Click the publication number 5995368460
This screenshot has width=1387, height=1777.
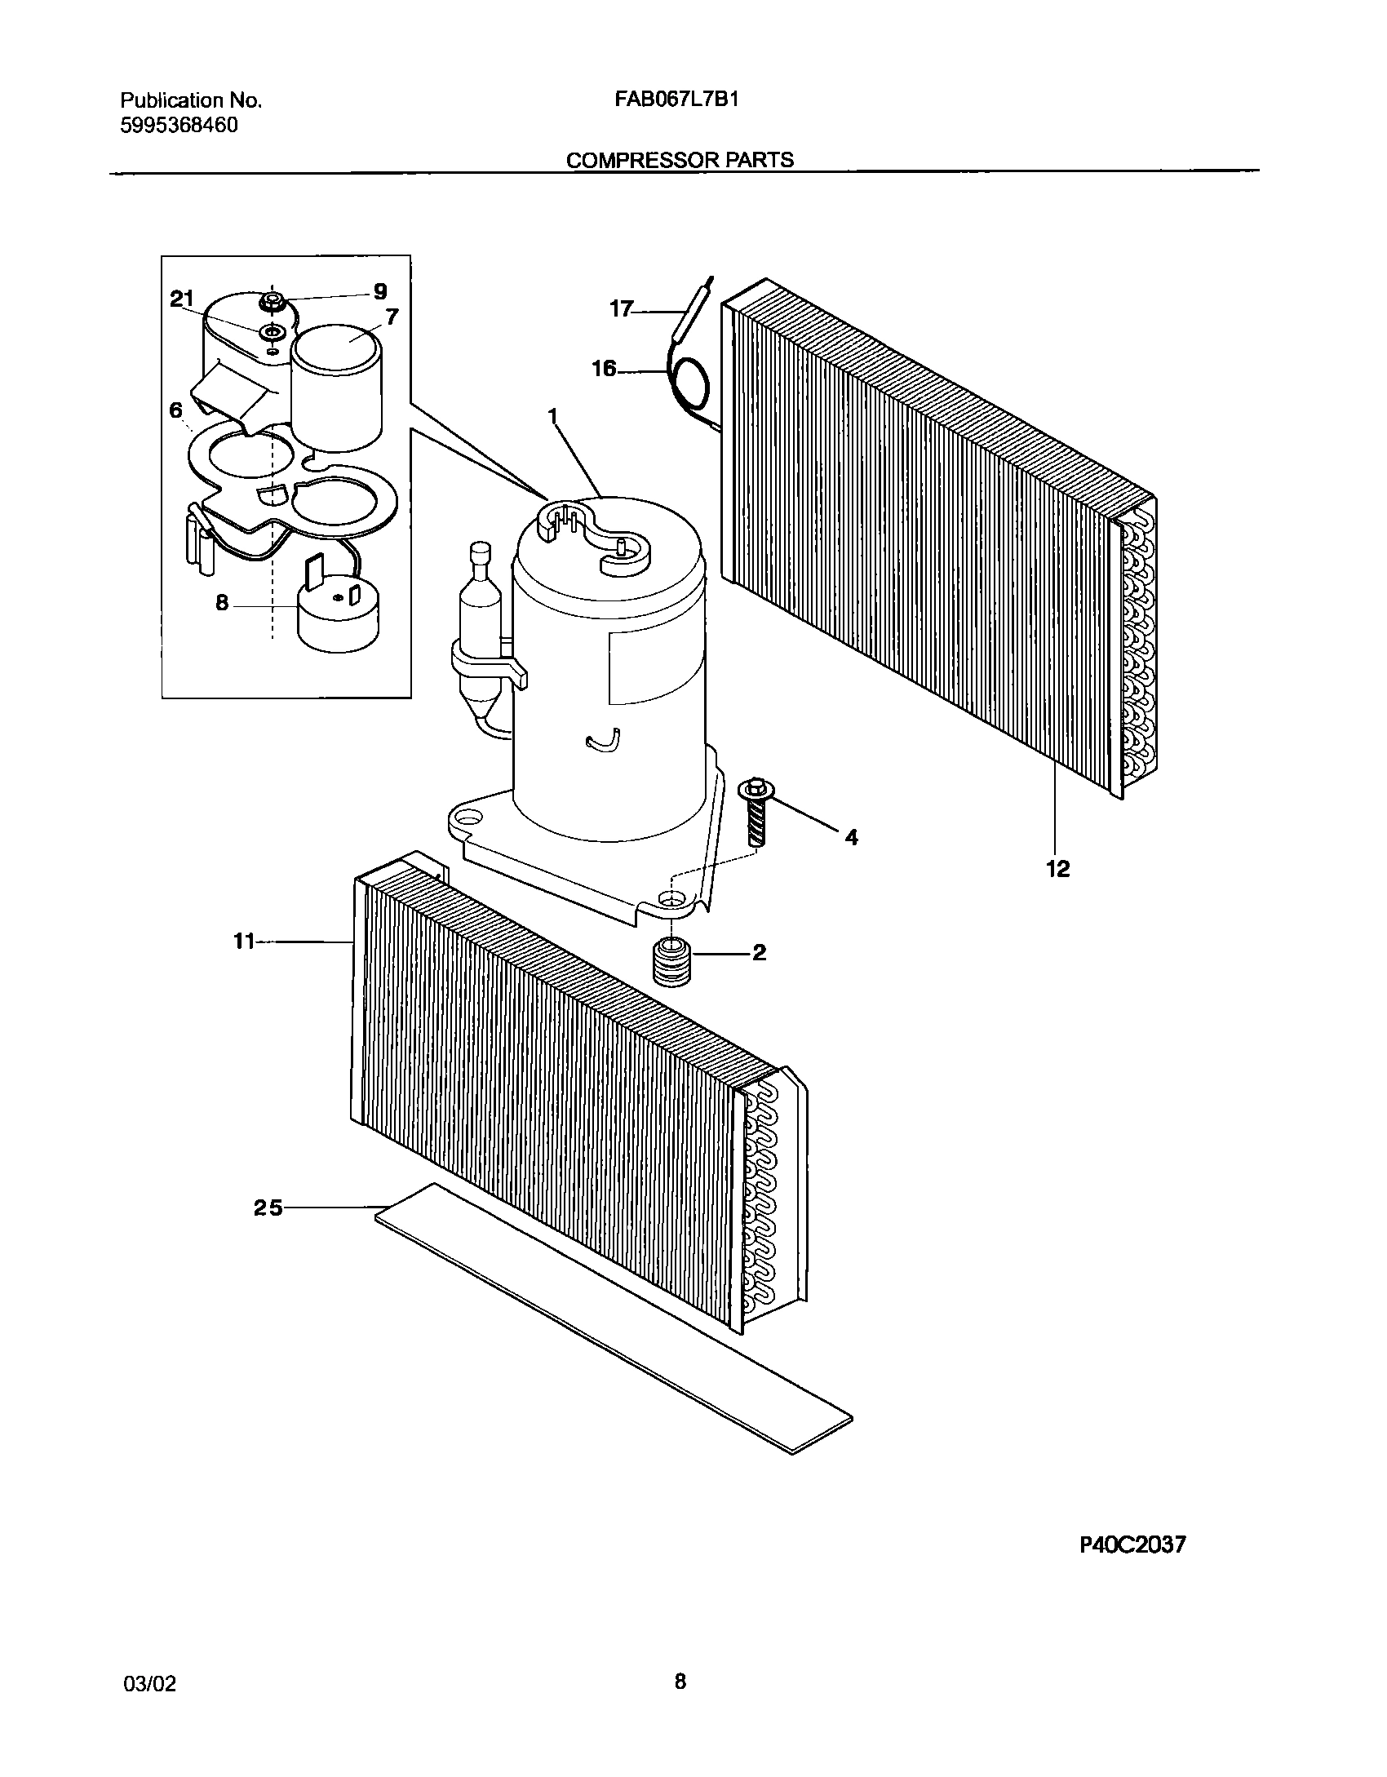point(179,126)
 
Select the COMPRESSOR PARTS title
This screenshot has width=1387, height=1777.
point(680,160)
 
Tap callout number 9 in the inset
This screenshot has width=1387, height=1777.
point(379,291)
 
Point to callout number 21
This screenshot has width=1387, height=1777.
point(183,299)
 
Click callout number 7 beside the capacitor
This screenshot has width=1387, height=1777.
point(392,317)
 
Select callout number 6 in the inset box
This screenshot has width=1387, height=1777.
point(176,410)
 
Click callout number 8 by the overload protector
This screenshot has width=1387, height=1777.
point(222,605)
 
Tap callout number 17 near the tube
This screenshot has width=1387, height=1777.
point(622,309)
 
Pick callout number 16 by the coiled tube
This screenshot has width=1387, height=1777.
point(604,370)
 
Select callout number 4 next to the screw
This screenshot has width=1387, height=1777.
point(851,837)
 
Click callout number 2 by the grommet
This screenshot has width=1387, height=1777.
point(759,952)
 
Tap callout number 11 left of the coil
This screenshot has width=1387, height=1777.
point(243,941)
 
